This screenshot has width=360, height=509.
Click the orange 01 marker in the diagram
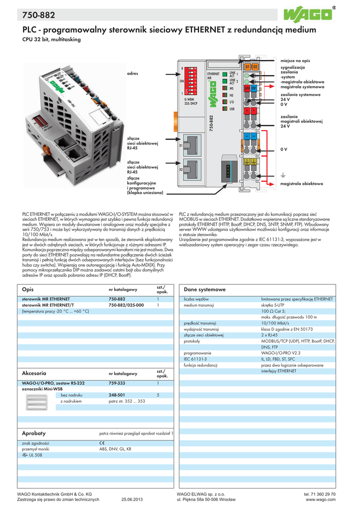click(x=248, y=66)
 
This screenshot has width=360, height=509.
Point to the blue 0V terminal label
click(x=254, y=87)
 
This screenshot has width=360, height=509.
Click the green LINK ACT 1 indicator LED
click(x=225, y=75)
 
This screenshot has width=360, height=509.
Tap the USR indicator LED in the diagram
click(x=225, y=108)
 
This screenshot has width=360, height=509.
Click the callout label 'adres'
click(x=132, y=73)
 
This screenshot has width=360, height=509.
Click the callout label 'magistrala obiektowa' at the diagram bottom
click(x=302, y=183)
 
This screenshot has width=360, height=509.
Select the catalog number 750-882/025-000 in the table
click(x=126, y=305)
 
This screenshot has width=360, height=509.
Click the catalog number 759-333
click(x=117, y=383)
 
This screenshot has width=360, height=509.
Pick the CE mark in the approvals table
click(x=102, y=443)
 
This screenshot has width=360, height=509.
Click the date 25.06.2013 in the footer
click(x=132, y=499)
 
